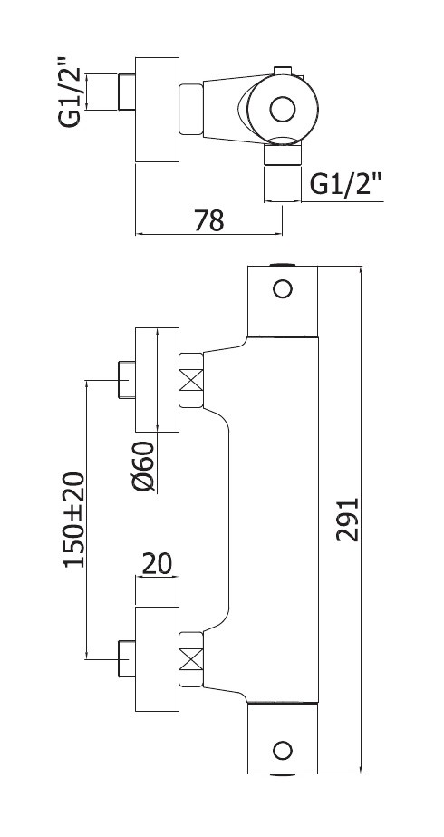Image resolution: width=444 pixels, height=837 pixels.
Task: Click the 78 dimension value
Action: [208, 220]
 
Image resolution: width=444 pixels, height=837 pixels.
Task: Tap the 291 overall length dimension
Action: [347, 520]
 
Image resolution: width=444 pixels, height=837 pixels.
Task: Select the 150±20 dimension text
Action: [73, 520]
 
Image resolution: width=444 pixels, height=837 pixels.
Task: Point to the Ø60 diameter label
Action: [143, 466]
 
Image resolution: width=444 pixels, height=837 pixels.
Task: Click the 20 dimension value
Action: [157, 564]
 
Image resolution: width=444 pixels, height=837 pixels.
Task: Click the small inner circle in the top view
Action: [283, 110]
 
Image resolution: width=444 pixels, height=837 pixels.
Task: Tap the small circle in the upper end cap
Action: [283, 288]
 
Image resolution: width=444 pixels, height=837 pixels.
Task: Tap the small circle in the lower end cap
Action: [283, 751]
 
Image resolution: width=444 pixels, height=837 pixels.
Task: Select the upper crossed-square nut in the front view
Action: [191, 380]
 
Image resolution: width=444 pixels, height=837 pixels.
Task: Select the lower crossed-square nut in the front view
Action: [191, 658]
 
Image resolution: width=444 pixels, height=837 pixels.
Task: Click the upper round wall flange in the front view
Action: [157, 380]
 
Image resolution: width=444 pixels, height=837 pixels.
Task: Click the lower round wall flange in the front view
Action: [157, 658]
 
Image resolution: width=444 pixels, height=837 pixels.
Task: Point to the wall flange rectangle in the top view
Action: [157, 110]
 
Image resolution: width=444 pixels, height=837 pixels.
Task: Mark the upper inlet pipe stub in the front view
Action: [127, 380]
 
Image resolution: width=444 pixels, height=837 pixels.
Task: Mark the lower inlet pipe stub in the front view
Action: [127, 658]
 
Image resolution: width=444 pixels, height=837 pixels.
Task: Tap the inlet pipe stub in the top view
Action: [127, 92]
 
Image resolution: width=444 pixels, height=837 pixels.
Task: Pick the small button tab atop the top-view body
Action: [283, 71]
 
